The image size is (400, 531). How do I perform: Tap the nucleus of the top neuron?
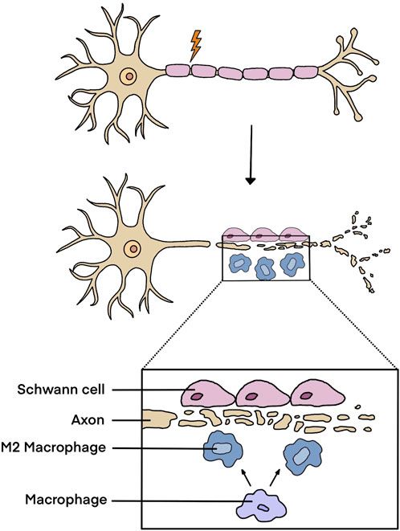[128, 78]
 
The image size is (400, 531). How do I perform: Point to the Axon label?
[86, 419]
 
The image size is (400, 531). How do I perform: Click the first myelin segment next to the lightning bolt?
[178, 71]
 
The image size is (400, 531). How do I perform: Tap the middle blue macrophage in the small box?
[264, 272]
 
